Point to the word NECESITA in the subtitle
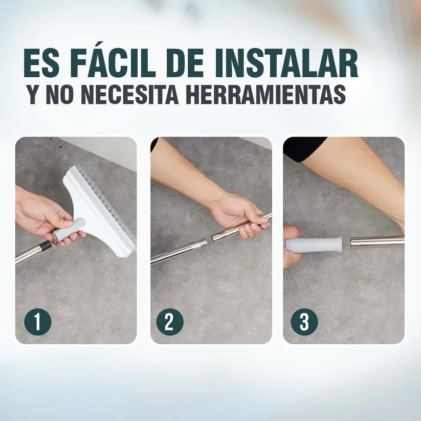[129, 94]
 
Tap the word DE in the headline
[188, 63]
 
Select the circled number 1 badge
[38, 322]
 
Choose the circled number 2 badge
[170, 322]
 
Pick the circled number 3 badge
[304, 322]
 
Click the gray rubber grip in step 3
[314, 245]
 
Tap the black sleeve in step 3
[304, 148]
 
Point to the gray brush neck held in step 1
[69, 230]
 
